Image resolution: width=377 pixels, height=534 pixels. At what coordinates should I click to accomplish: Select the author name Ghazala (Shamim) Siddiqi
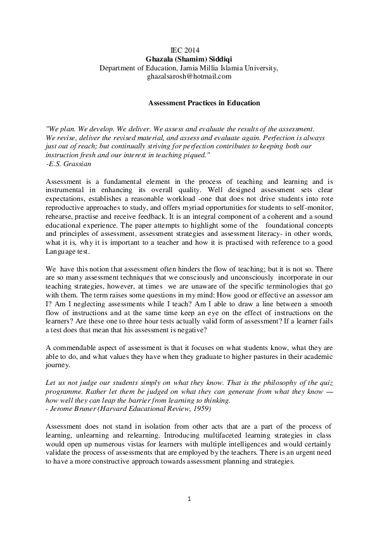pyautogui.click(x=188, y=58)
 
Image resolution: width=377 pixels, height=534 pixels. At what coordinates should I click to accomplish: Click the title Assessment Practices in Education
pyautogui.click(x=203, y=102)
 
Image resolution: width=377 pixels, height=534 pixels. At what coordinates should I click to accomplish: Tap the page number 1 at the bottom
pyautogui.click(x=188, y=499)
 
